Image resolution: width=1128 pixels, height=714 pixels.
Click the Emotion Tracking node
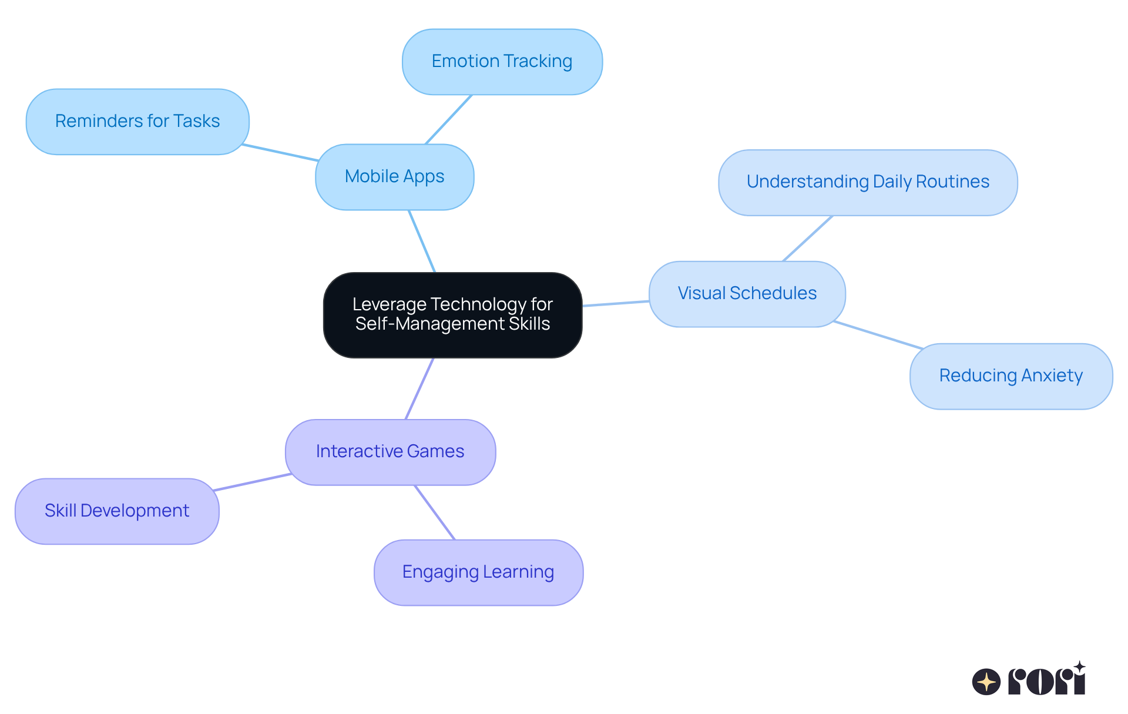tap(502, 62)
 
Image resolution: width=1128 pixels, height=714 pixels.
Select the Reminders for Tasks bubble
tap(137, 122)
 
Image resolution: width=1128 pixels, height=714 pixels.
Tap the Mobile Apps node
tap(394, 177)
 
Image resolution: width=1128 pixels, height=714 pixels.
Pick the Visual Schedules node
tap(747, 294)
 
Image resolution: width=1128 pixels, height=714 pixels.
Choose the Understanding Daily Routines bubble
tap(867, 182)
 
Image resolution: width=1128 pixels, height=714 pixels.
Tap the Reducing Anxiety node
tap(1010, 376)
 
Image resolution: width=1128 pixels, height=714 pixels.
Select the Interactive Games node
tap(390, 452)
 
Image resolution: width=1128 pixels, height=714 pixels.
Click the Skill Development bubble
tap(117, 511)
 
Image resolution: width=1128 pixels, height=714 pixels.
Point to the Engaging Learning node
tap(478, 572)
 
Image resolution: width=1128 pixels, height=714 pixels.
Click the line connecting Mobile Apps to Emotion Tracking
tap(448, 119)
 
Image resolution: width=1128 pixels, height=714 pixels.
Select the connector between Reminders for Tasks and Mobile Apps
tap(281, 153)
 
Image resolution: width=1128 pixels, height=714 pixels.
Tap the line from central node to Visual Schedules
tap(616, 303)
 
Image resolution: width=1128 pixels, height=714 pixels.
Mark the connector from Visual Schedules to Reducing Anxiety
tap(878, 335)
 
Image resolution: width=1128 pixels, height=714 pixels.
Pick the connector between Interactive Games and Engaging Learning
tap(435, 512)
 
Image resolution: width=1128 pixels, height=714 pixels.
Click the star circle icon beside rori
tap(986, 682)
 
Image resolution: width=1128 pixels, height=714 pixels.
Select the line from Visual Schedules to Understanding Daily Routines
tap(808, 238)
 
